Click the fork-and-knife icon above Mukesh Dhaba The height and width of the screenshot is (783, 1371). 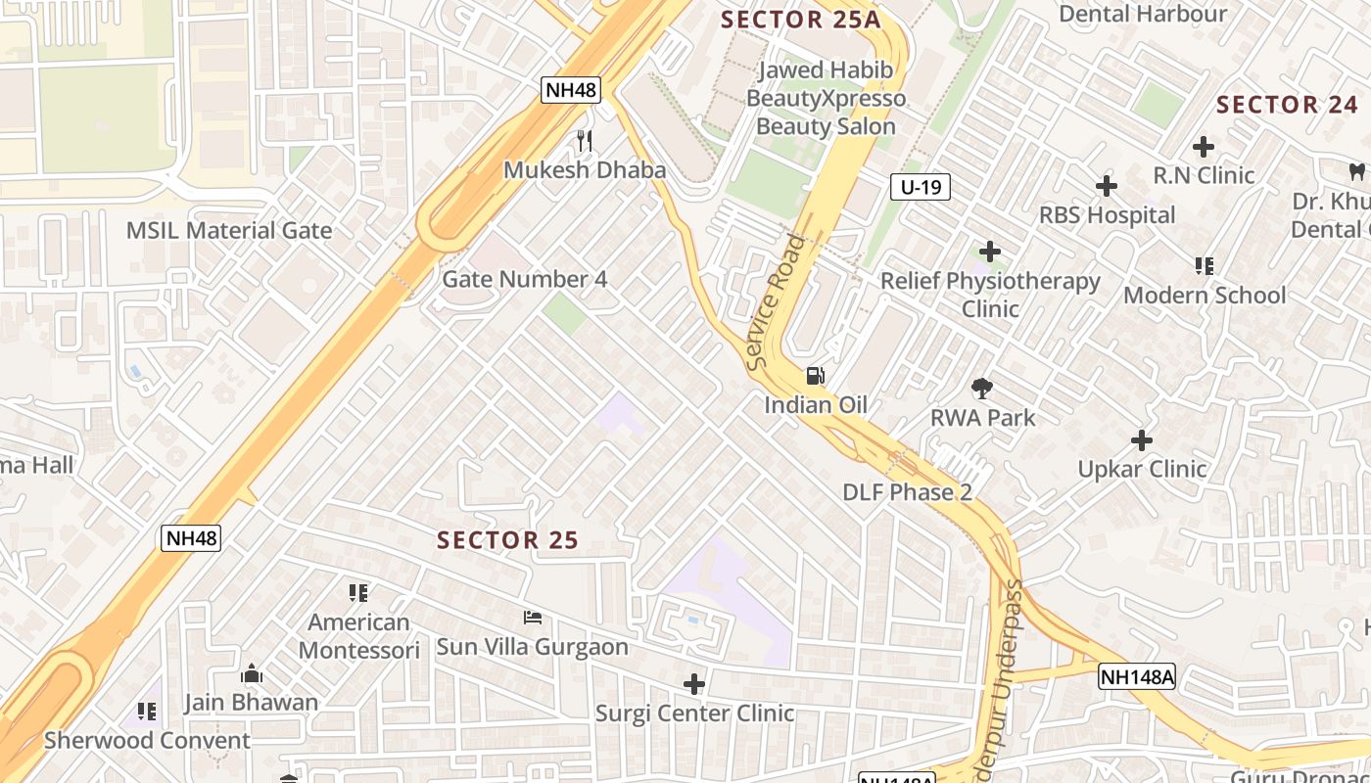[585, 141]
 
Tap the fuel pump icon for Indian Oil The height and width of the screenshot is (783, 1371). [815, 376]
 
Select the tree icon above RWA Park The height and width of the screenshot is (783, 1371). [982, 389]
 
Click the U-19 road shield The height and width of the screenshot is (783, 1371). [921, 187]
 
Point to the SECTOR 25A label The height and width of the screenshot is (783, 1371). [801, 20]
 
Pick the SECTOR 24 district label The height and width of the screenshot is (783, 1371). [1287, 105]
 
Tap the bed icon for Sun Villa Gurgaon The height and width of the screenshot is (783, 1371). [533, 618]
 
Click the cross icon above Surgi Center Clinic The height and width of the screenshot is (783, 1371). [694, 684]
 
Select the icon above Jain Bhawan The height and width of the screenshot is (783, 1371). [252, 674]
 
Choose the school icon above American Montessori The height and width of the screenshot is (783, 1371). [358, 593]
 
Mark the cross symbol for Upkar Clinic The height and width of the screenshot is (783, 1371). [1142, 440]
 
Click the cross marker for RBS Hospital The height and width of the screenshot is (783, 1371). [1107, 186]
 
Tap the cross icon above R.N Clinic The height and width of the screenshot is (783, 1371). [1204, 148]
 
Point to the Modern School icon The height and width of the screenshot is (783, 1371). [1205, 266]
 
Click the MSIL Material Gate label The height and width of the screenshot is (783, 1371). [229, 231]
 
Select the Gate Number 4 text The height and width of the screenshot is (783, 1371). [525, 279]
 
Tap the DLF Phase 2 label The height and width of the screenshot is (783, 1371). [907, 492]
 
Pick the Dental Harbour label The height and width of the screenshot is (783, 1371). [1143, 14]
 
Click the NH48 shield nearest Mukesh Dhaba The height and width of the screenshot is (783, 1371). [571, 90]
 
